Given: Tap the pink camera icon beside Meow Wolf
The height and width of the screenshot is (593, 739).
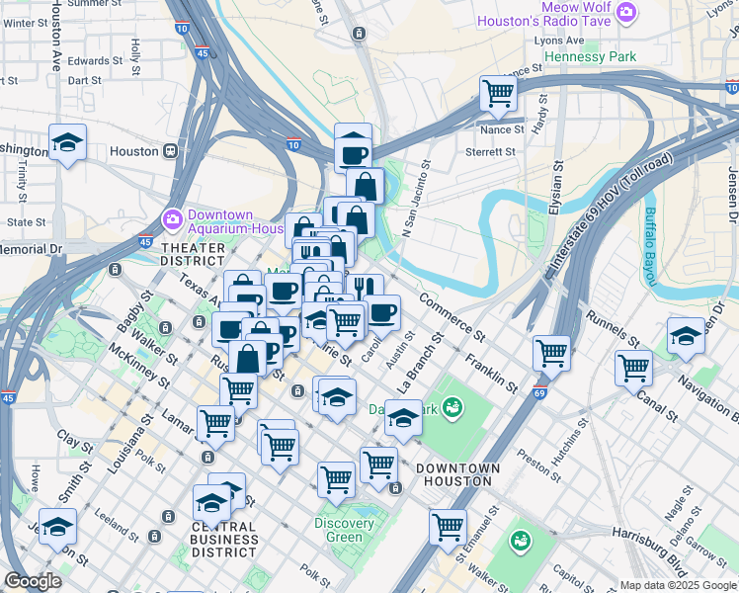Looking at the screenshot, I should coord(625,12).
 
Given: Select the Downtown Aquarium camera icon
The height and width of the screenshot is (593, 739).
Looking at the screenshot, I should coord(172,216).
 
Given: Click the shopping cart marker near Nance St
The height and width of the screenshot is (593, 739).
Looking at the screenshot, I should coord(499,94).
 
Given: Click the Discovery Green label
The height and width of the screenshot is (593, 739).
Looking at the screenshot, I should coord(345,530).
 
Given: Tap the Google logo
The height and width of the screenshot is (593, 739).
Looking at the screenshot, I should coord(33,581).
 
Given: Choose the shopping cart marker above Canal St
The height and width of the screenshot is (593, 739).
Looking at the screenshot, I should coord(633,368).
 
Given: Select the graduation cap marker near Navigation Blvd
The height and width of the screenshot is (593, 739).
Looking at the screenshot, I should coord(685,336).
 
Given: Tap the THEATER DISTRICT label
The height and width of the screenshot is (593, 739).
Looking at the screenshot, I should coord(193,254).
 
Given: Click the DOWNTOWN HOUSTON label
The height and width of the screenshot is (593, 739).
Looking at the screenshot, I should coord(453,473).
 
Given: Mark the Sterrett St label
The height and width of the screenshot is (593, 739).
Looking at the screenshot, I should coord(492,151).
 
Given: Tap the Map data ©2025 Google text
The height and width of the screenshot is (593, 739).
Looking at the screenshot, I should coord(678,585).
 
